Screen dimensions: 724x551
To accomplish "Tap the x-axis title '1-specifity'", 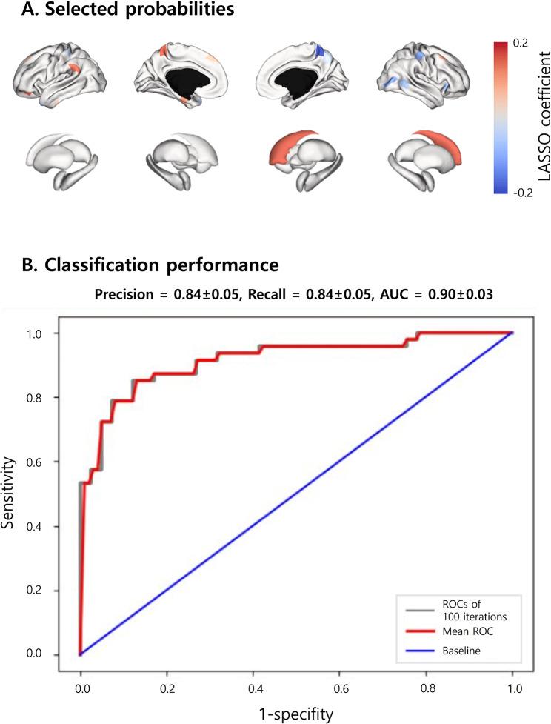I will (x=296, y=714).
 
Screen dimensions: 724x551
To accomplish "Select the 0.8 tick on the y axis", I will (x=56, y=398).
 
